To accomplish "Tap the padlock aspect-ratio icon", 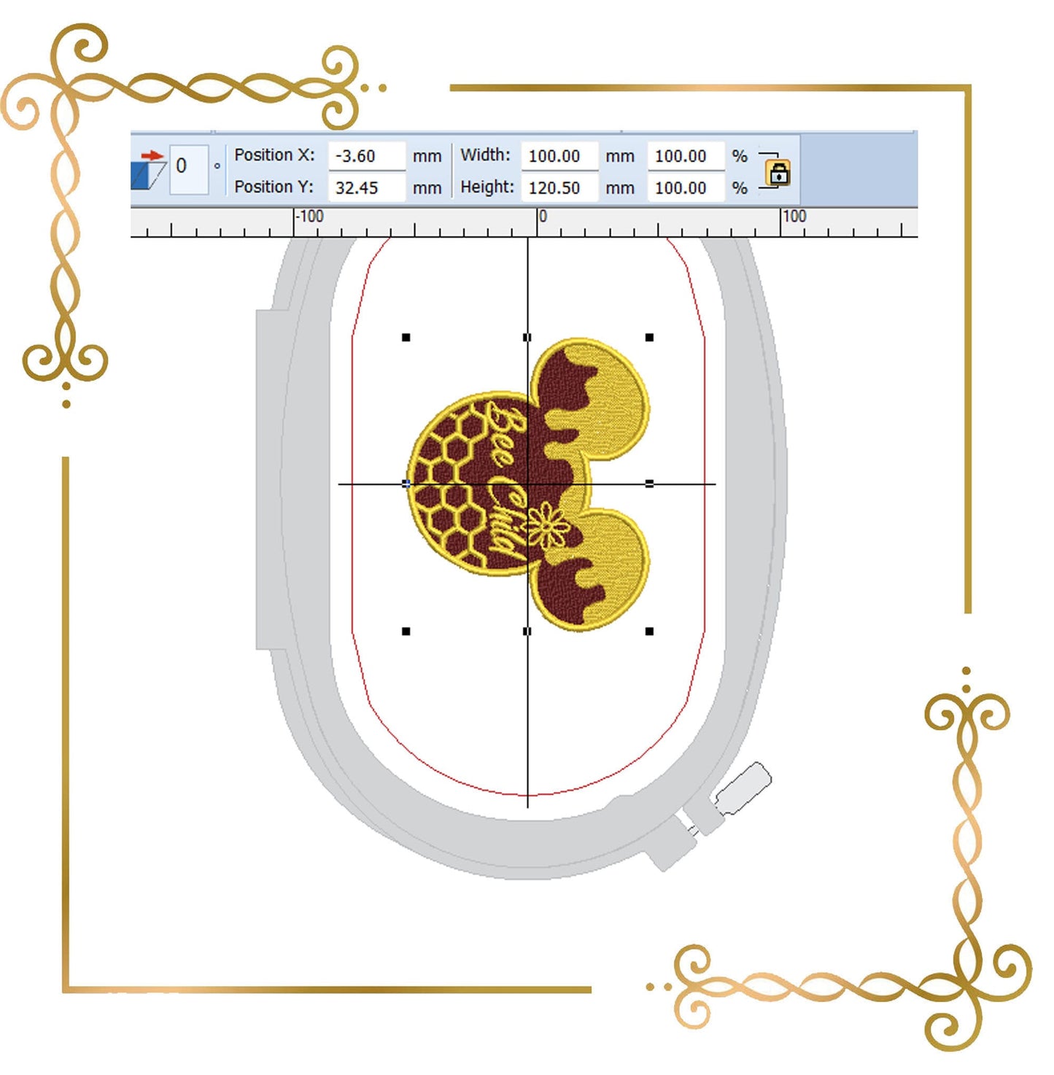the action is tap(778, 173).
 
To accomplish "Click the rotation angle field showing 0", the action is tap(189, 169).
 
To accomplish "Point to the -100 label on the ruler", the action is tap(310, 217).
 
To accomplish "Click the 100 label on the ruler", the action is tap(794, 217).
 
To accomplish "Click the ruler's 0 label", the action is tap(543, 217).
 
